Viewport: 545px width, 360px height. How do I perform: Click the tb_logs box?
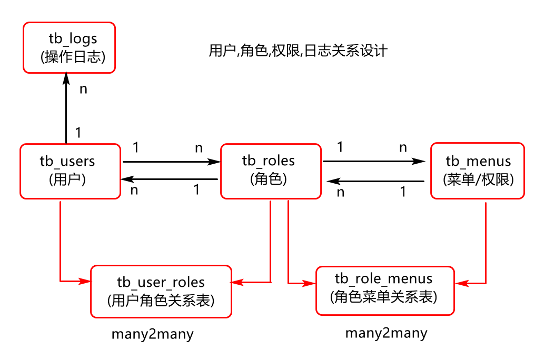pos(69,47)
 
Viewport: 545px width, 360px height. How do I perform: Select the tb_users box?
pos(70,171)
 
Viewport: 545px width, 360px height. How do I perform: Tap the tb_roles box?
pos(270,171)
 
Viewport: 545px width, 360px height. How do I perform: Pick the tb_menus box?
pos(477,171)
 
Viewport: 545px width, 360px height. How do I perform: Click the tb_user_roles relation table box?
pos(161,291)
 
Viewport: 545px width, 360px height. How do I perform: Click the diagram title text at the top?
pos(298,51)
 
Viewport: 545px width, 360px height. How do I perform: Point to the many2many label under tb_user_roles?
pos(152,334)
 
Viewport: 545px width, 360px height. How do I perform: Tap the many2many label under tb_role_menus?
pos(386,333)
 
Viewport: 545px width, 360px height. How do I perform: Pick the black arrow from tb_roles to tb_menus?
pos(374,161)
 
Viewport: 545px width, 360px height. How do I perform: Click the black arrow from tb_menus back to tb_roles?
pos(375,182)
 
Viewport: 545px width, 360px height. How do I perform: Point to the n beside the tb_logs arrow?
pos(83,89)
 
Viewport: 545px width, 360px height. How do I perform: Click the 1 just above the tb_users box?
pos(78,133)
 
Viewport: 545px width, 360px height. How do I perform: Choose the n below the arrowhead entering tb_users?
pos(134,191)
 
